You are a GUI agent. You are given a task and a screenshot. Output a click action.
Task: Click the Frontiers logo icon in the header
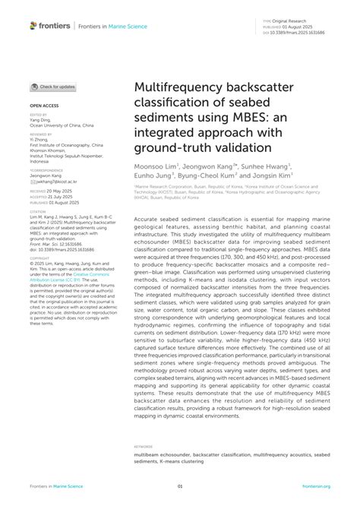pos(33,26)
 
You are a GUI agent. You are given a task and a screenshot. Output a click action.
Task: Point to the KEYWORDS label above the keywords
pos(144,446)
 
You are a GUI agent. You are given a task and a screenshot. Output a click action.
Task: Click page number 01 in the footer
pos(180,485)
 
